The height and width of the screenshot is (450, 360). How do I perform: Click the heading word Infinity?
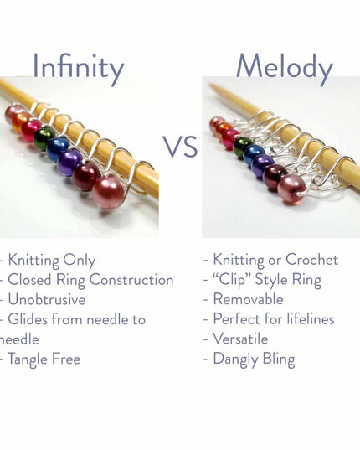coord(78,67)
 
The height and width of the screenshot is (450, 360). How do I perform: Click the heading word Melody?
coord(284,67)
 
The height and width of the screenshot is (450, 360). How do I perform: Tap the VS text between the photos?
coord(180,147)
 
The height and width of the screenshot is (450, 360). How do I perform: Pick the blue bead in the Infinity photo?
coord(58,148)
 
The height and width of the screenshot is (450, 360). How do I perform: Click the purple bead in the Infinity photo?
coord(70,162)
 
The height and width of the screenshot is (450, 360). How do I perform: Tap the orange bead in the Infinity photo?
coord(20,122)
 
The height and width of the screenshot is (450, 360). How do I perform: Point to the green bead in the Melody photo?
coord(243,147)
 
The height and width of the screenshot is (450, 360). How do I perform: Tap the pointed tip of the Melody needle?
coord(212,85)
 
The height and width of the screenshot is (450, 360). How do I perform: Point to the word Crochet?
coord(318,260)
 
